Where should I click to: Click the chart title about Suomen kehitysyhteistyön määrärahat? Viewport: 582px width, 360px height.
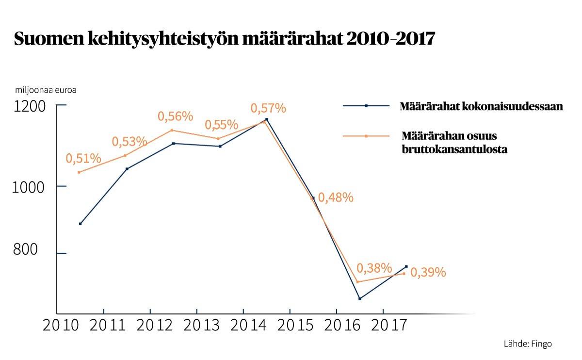pyautogui.click(x=224, y=39)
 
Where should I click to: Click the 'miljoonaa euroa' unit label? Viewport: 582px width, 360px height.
pyautogui.click(x=46, y=90)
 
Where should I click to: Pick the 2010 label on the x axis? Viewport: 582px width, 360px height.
pyautogui.click(x=61, y=325)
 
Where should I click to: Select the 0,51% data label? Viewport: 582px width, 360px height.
pyautogui.click(x=83, y=158)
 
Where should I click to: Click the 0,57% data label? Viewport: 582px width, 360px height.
pyautogui.click(x=268, y=108)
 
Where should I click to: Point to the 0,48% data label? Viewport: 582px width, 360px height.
pyautogui.click(x=336, y=197)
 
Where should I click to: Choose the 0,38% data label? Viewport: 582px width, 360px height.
pyautogui.click(x=374, y=268)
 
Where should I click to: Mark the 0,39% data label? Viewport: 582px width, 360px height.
pyautogui.click(x=428, y=273)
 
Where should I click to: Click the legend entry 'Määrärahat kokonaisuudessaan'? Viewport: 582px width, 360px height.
pyautogui.click(x=481, y=106)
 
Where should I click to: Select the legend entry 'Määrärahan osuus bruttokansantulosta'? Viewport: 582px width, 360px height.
pyautogui.click(x=454, y=142)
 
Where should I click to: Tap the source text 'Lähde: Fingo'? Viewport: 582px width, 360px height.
pyautogui.click(x=528, y=344)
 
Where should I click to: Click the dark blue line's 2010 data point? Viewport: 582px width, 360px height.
pyautogui.click(x=80, y=224)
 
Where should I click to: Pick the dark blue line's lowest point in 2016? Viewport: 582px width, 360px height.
pyautogui.click(x=360, y=298)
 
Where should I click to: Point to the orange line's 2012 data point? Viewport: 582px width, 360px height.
pyautogui.click(x=172, y=130)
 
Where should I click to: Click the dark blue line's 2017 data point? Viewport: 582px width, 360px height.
pyautogui.click(x=406, y=266)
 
